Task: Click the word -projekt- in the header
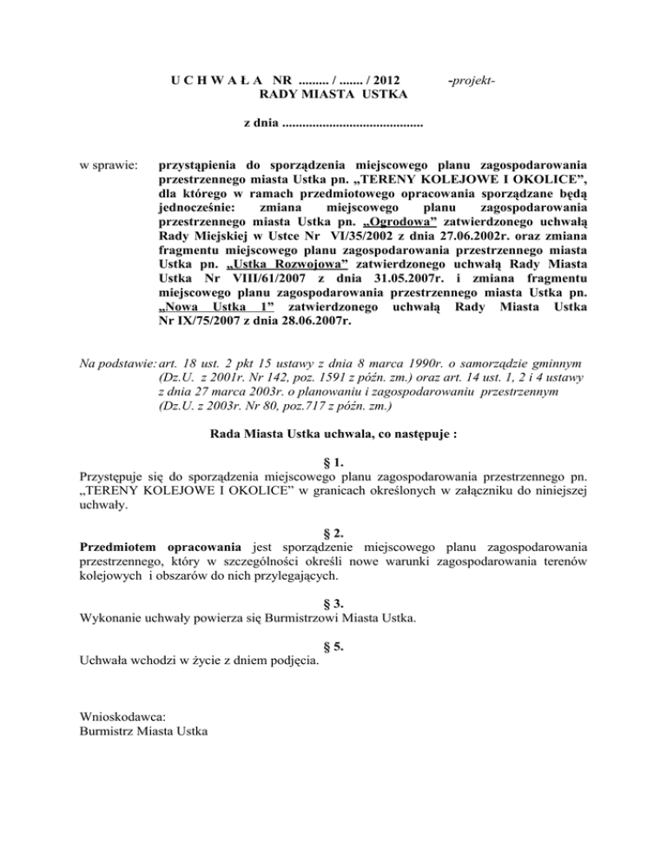coord(470,79)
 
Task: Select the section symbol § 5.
coord(333,647)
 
